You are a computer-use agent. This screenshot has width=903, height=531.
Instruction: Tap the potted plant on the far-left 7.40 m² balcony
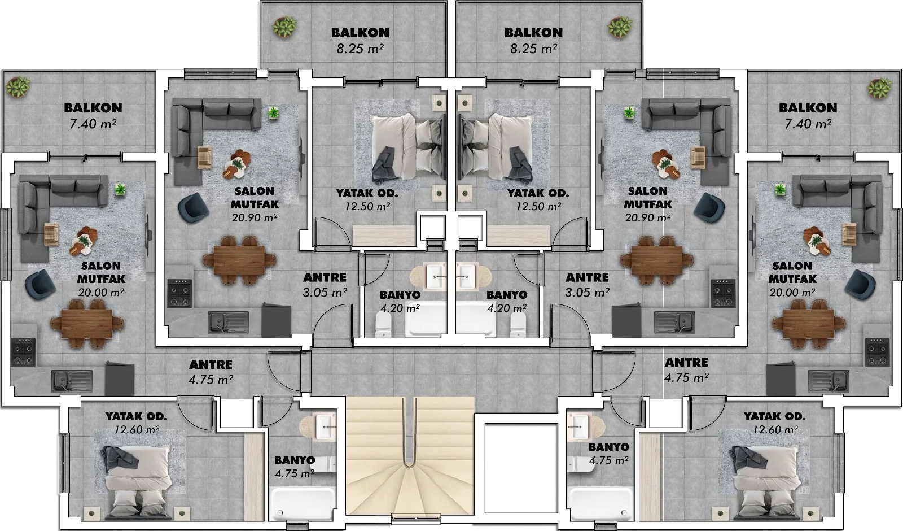pyautogui.click(x=17, y=87)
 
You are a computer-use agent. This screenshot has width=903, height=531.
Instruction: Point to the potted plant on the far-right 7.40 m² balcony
pyautogui.click(x=879, y=88)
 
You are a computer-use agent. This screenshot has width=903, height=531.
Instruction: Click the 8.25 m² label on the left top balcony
pyautogui.click(x=360, y=49)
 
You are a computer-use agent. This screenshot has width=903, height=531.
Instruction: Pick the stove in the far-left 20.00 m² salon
pyautogui.click(x=23, y=351)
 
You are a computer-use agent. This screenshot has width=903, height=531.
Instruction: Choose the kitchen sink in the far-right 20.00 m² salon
pyautogui.click(x=828, y=381)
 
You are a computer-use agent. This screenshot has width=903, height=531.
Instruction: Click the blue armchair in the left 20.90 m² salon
pyautogui.click(x=194, y=208)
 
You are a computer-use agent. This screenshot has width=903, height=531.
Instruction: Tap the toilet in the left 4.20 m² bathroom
pyautogui.click(x=383, y=325)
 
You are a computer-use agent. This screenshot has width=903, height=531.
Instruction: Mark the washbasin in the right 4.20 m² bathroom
pyautogui.click(x=467, y=276)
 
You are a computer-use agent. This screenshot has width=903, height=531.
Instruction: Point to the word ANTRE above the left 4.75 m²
pyautogui.click(x=211, y=364)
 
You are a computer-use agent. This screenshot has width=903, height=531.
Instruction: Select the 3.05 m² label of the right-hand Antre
pyautogui.click(x=587, y=292)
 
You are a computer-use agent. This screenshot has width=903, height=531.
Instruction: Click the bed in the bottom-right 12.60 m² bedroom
pyautogui.click(x=765, y=482)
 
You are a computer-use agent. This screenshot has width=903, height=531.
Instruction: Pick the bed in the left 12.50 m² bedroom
pyautogui.click(x=409, y=146)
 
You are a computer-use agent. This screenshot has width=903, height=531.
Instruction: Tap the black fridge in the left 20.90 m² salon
pyautogui.click(x=276, y=320)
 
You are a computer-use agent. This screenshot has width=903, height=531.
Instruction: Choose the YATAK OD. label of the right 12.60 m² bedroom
pyautogui.click(x=775, y=416)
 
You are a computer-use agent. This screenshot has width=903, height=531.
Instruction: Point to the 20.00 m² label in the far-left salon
pyautogui.click(x=101, y=292)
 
